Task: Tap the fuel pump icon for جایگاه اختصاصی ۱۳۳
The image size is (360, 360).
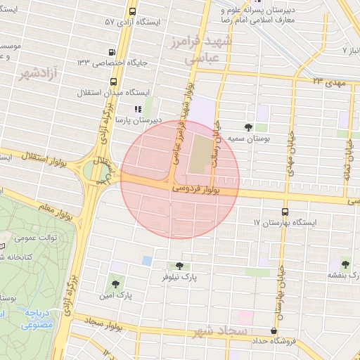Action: click(x=112, y=52)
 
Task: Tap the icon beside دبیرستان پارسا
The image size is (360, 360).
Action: click(x=138, y=109)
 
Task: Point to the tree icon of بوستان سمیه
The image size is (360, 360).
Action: click(x=248, y=127)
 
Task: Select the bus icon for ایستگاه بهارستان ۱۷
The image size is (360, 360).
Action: click(x=285, y=211)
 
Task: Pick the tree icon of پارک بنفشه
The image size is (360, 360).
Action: click(x=345, y=264)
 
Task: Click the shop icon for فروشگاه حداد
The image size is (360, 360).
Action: click(x=274, y=330)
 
